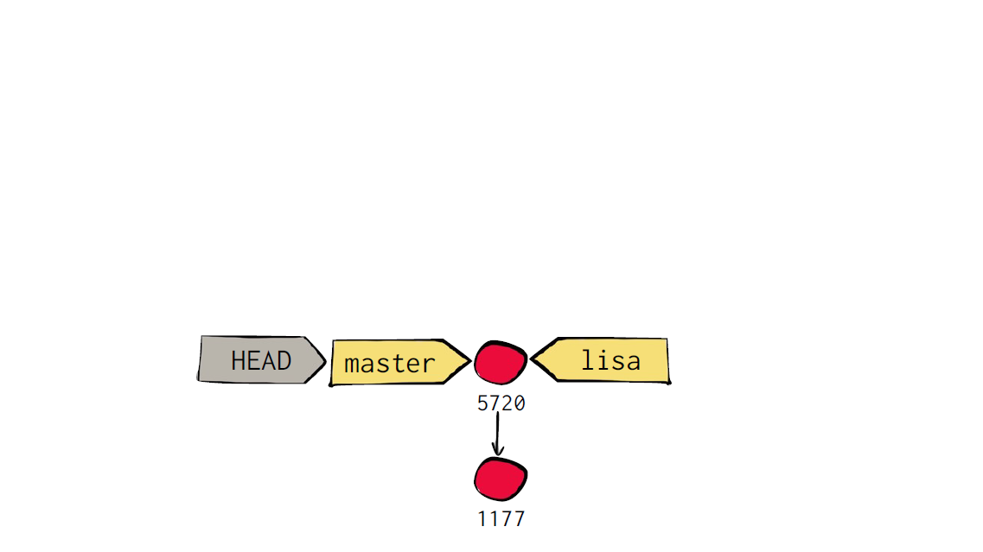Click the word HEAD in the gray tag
click(261, 361)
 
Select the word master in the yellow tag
click(389, 364)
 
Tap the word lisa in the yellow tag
click(610, 360)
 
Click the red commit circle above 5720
click(501, 362)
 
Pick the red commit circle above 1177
click(501, 479)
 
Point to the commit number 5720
click(501, 403)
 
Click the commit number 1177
click(501, 519)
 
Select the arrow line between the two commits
click(498, 434)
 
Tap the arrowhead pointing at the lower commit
click(498, 450)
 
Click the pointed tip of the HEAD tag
click(325, 361)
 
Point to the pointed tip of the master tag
click(469, 361)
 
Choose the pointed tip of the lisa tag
click(532, 359)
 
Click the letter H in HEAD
click(239, 361)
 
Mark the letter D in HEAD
click(284, 361)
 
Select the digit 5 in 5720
click(482, 403)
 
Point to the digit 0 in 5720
click(520, 403)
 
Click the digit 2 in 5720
click(507, 403)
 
